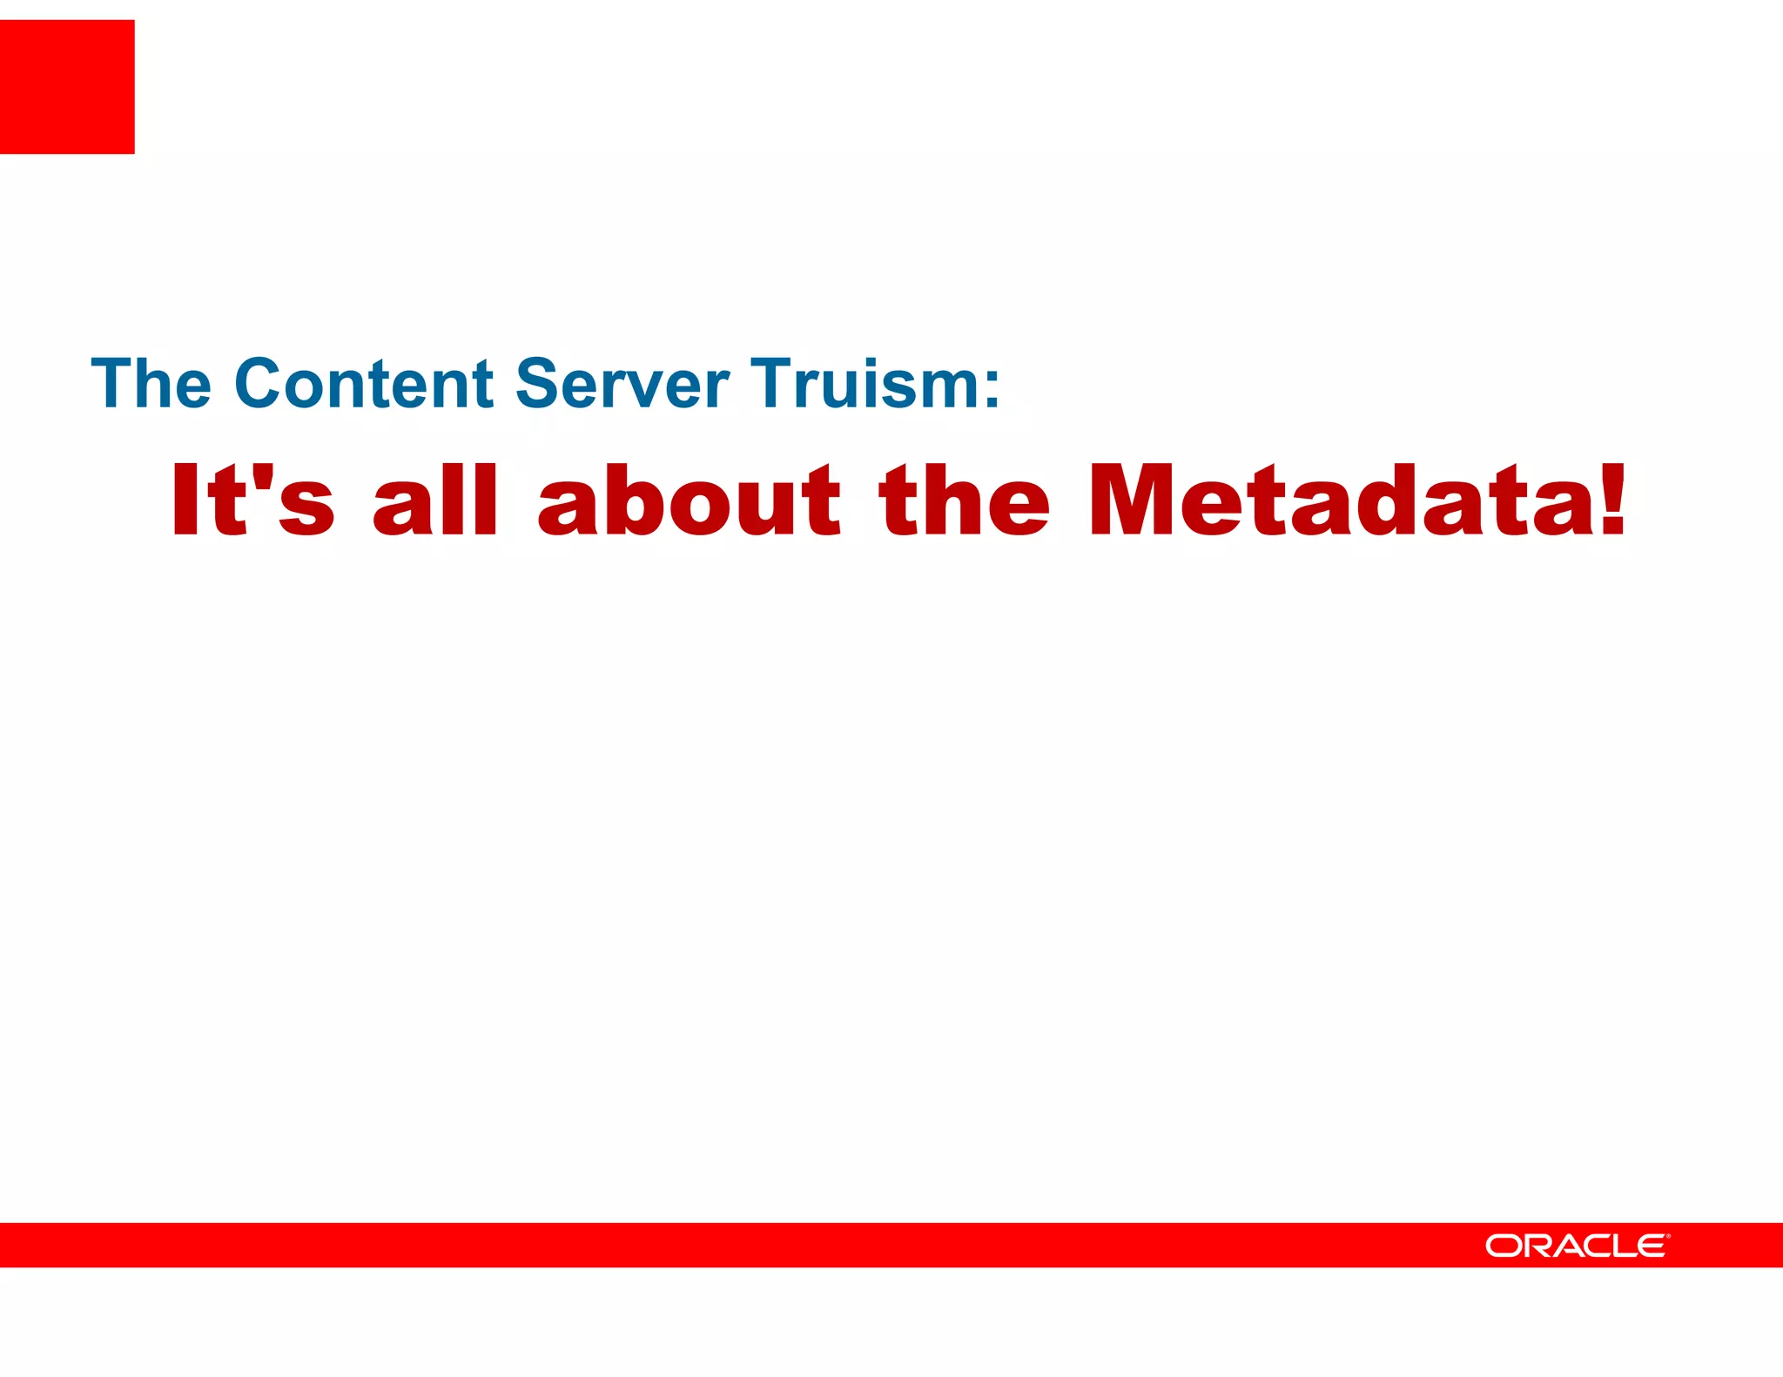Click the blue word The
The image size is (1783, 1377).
pos(151,383)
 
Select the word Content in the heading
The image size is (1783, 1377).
pos(364,383)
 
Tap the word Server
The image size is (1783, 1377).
pos(622,383)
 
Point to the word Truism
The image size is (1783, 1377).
pos(866,383)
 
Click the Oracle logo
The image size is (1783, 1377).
pos(1577,1246)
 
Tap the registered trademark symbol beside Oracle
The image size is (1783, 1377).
pos(1667,1236)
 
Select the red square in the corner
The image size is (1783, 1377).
pos(67,87)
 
